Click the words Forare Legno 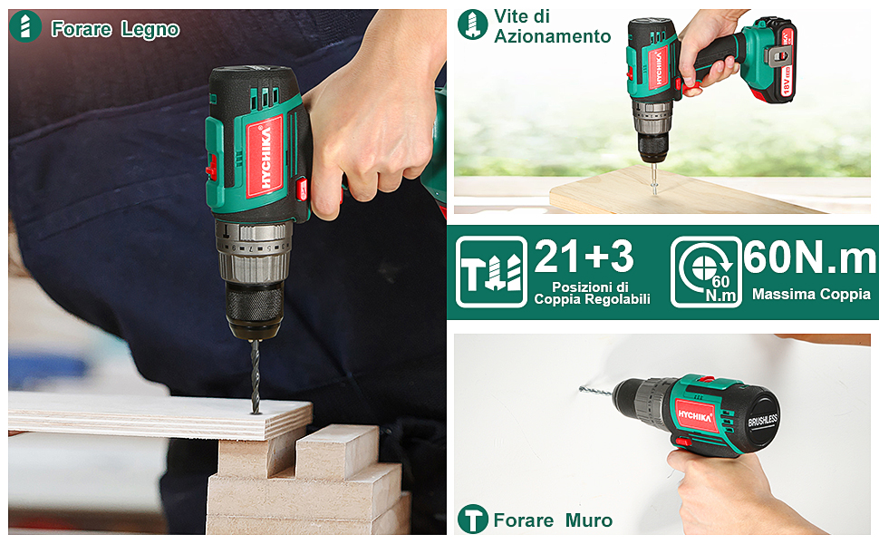click(115, 29)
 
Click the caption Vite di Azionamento click(552, 26)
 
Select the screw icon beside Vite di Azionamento click(472, 24)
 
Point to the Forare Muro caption click(553, 520)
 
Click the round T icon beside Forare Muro click(472, 520)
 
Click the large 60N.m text click(810, 258)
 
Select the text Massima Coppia click(811, 294)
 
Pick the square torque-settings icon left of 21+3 click(491, 272)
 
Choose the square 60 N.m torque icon click(705, 272)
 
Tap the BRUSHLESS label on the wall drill click(763, 423)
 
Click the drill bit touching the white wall click(596, 390)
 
